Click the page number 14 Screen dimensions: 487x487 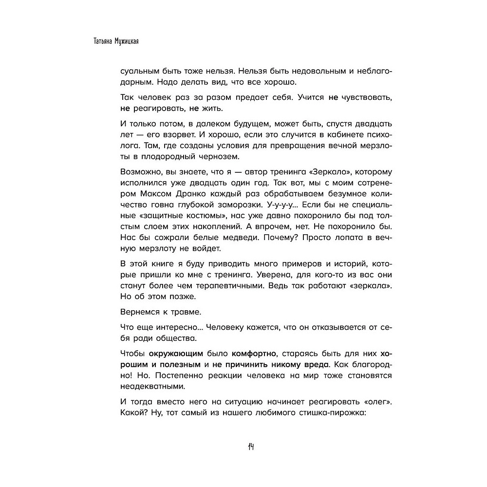point(252,447)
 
